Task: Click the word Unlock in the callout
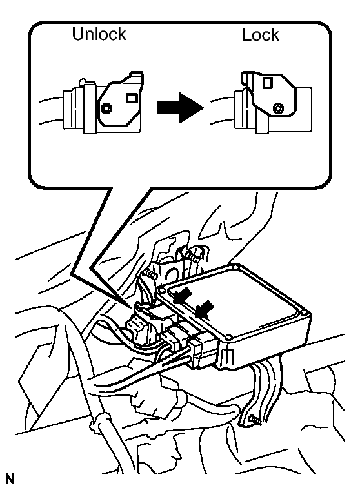[99, 34]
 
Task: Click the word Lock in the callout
[261, 34]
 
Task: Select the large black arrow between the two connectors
[180, 108]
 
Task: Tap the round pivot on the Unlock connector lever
[107, 108]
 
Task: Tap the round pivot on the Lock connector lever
[277, 108]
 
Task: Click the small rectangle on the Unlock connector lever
[131, 98]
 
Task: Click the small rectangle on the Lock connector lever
[268, 83]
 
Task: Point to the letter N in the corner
[10, 479]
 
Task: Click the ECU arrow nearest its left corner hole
[183, 295]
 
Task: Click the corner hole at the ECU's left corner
[162, 291]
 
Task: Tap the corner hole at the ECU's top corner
[235, 267]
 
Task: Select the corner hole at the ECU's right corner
[305, 312]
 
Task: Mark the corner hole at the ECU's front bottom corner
[228, 338]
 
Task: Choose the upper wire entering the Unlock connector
[50, 99]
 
